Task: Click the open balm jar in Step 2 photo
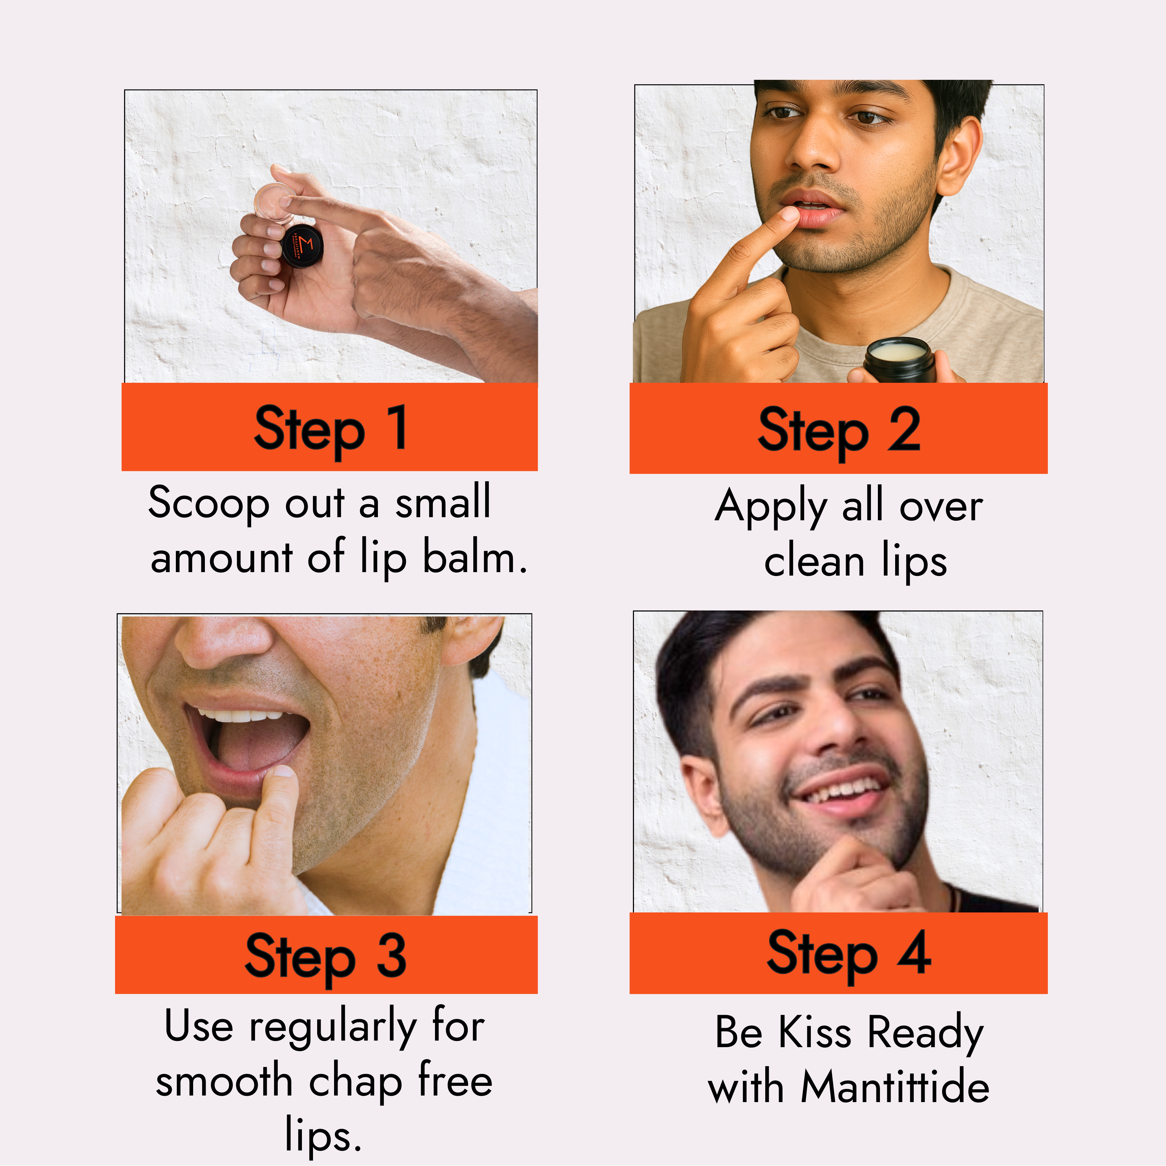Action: pos(899,360)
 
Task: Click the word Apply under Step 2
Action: pos(771,506)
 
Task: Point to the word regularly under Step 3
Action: pos(333,1027)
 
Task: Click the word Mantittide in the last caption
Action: pos(895,1086)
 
